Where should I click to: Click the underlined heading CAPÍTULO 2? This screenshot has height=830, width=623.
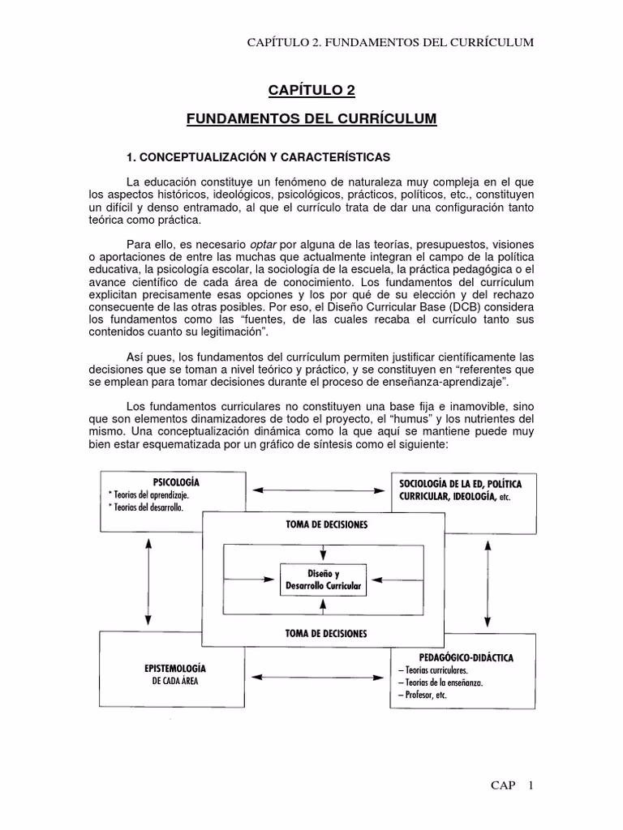point(311,90)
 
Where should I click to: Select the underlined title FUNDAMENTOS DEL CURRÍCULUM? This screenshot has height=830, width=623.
point(311,119)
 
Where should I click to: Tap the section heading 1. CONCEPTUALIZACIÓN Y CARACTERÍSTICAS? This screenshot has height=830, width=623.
point(256,156)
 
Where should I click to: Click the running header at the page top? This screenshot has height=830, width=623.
point(390,42)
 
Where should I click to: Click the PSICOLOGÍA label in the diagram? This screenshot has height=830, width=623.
point(171,481)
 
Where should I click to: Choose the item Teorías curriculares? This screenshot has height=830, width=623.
point(433,670)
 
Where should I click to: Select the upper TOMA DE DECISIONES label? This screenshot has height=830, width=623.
point(326,524)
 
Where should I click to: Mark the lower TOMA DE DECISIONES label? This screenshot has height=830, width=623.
point(326,633)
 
